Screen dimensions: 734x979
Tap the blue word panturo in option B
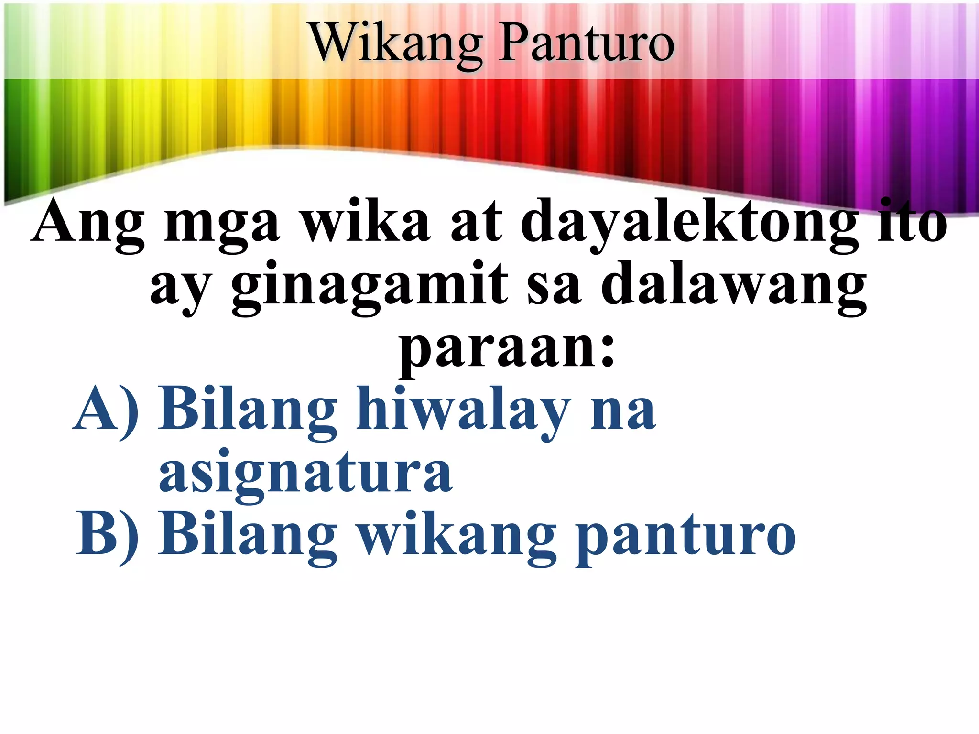click(686, 538)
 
